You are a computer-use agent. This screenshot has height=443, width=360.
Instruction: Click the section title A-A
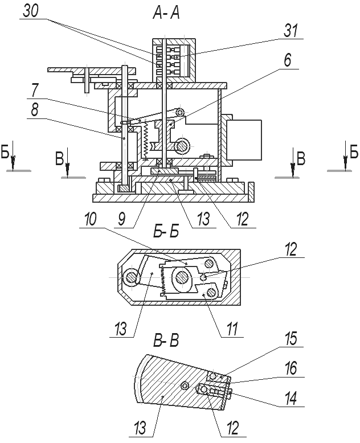point(166,13)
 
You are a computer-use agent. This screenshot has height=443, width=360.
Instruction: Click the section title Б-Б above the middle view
point(166,232)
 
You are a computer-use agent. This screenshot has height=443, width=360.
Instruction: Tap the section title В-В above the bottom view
point(166,341)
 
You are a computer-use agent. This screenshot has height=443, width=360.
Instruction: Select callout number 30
point(31,12)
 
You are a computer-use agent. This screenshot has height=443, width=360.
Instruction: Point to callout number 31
point(291,31)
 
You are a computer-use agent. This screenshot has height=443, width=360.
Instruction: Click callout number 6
point(288,60)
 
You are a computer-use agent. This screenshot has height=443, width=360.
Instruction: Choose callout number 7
point(35,91)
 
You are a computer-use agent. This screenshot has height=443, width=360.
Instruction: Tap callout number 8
point(35,110)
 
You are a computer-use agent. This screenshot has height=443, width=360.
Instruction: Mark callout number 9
point(122,219)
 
